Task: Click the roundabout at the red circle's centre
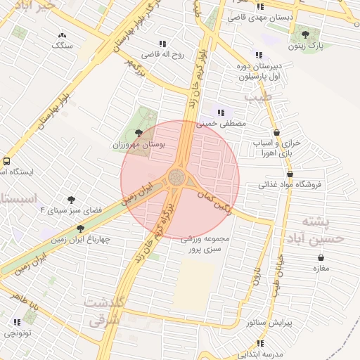(x=179, y=178)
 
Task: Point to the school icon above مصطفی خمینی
(x=221, y=112)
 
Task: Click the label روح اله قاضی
(x=163, y=54)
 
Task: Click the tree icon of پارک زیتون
(x=305, y=32)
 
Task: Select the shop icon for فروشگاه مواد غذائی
(x=289, y=174)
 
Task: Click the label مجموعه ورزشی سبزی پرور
(x=202, y=244)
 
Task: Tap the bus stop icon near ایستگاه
(x=6, y=161)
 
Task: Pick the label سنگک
(x=63, y=45)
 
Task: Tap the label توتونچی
(x=17, y=335)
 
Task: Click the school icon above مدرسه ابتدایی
(x=260, y=343)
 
